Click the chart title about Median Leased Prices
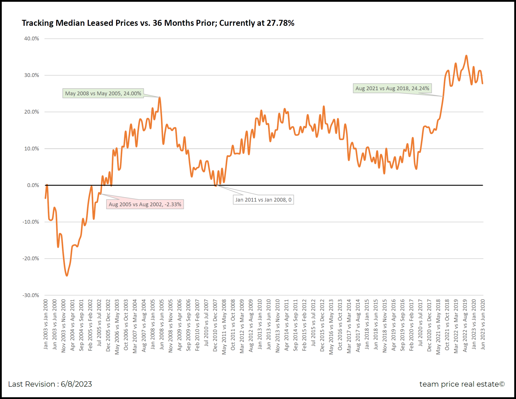(158, 23)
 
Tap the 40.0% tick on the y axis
(31, 39)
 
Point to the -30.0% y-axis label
(31, 295)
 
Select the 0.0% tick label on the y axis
(33, 185)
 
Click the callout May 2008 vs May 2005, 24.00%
(103, 93)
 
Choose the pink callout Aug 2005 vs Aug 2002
(145, 204)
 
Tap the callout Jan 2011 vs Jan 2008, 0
(263, 200)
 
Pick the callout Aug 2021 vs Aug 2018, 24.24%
(392, 88)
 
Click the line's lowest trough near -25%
(67, 275)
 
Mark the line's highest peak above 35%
(466, 56)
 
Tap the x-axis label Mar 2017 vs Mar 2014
(349, 326)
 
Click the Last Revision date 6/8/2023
(76, 384)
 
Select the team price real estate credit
(462, 384)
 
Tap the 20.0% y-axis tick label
(31, 112)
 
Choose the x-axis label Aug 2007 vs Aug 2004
(144, 326)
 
